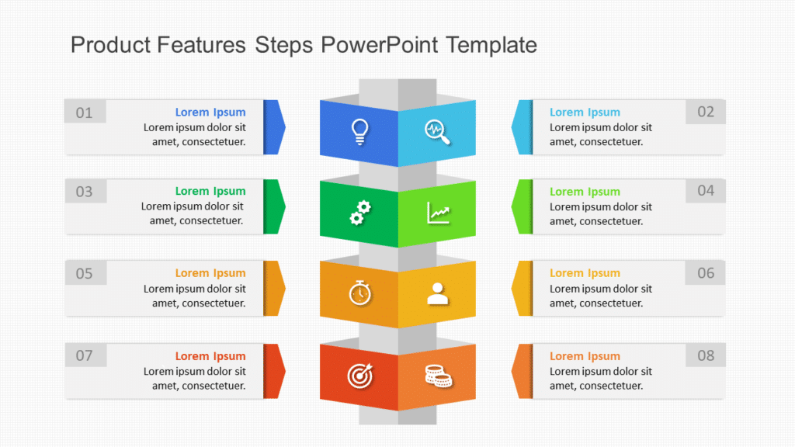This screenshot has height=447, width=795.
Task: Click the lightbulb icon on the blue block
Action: (x=359, y=131)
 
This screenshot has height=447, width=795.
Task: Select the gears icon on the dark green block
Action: (x=359, y=212)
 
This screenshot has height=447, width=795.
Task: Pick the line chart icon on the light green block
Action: (x=438, y=212)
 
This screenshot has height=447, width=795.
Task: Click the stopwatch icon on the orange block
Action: (x=359, y=293)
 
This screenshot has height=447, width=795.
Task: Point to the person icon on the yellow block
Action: (x=438, y=293)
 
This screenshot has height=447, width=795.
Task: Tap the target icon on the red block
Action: (x=359, y=376)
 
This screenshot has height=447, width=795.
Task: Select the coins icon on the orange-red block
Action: (x=438, y=376)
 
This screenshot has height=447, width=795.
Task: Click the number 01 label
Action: (x=84, y=113)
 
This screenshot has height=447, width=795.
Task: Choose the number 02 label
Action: (x=705, y=112)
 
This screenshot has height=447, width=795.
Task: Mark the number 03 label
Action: (x=84, y=192)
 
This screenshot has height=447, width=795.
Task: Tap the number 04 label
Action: (x=705, y=191)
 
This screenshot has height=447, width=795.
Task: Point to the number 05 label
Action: (x=84, y=273)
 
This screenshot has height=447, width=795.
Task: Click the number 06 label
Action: (x=705, y=272)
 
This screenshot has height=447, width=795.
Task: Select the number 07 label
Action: (x=84, y=356)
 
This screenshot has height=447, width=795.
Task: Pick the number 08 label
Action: (x=705, y=355)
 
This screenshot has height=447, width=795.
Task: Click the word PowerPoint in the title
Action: (x=380, y=45)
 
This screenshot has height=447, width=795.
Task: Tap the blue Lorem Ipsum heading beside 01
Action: (x=210, y=113)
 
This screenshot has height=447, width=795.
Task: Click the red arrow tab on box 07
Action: (x=273, y=371)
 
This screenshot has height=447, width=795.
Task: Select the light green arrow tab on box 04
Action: (x=523, y=206)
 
